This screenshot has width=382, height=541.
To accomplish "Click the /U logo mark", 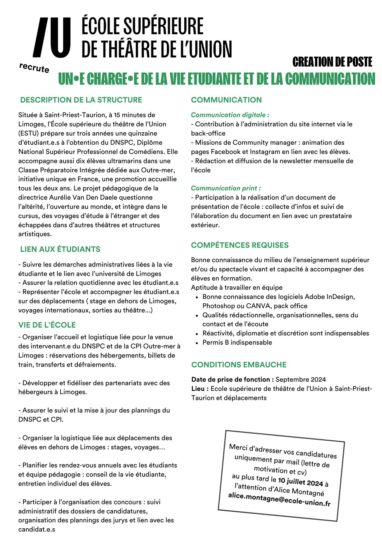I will [x=52, y=38].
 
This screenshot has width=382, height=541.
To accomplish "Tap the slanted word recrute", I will [x=34, y=68].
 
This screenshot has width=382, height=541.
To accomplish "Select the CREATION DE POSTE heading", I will [x=332, y=62].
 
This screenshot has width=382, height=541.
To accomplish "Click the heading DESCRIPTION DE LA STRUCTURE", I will [x=81, y=100].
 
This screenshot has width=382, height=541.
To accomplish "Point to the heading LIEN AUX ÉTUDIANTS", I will [x=60, y=249].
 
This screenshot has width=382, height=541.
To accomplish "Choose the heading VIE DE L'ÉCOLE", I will [x=47, y=325].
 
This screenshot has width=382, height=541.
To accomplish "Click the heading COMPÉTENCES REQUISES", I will [x=240, y=245].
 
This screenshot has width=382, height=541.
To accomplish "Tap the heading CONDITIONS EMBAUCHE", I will [x=239, y=365].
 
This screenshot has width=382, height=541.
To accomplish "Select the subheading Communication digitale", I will [x=230, y=115].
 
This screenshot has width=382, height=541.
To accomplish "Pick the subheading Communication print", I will [x=226, y=188].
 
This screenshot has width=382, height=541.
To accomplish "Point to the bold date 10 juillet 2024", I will [x=300, y=481].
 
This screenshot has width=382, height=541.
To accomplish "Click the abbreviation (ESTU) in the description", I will [x=28, y=133].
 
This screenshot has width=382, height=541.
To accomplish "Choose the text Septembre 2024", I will [x=301, y=380].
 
